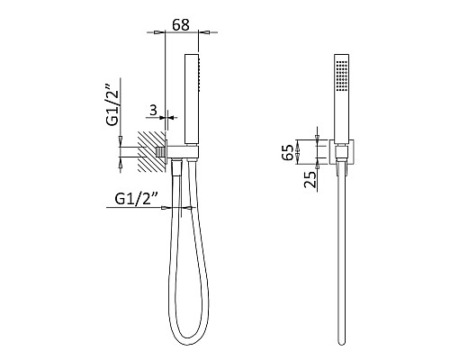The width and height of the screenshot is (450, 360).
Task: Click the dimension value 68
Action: [x=181, y=25]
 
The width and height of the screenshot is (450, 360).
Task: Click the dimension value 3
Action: [x=153, y=111]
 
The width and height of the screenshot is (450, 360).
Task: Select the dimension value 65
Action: [x=287, y=152]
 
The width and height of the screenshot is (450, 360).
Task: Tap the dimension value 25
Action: [x=310, y=179]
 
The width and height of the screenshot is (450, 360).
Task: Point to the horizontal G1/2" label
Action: [x=137, y=199]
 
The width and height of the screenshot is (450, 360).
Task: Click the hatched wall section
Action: [x=152, y=151]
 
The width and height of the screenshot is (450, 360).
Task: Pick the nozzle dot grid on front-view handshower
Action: [x=341, y=76]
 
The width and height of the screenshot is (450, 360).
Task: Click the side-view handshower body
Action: [x=192, y=100]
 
